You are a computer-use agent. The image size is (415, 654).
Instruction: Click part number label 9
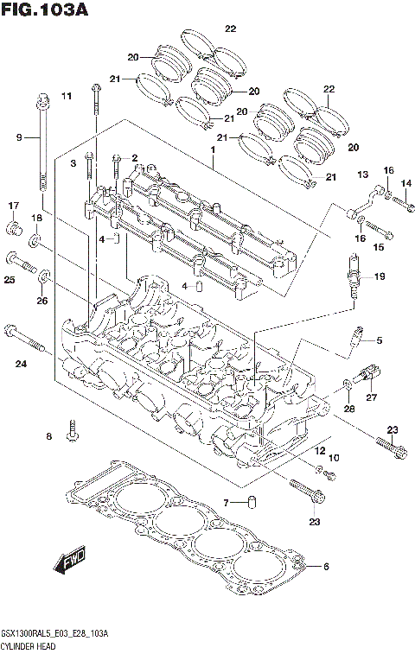[x=18, y=137]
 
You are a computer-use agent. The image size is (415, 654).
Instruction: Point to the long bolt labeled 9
[x=41, y=143]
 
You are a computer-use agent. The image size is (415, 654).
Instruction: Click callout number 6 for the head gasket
[x=326, y=567]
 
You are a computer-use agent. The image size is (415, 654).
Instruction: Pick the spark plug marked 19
[x=352, y=277]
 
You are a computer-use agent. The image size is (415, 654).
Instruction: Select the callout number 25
[x=10, y=280]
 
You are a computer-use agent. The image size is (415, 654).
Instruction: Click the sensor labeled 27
[x=368, y=374]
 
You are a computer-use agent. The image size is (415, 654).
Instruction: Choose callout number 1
[x=210, y=149]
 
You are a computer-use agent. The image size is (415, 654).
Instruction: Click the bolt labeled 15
[x=378, y=232]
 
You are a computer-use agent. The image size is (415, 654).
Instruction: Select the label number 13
[x=362, y=174]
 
